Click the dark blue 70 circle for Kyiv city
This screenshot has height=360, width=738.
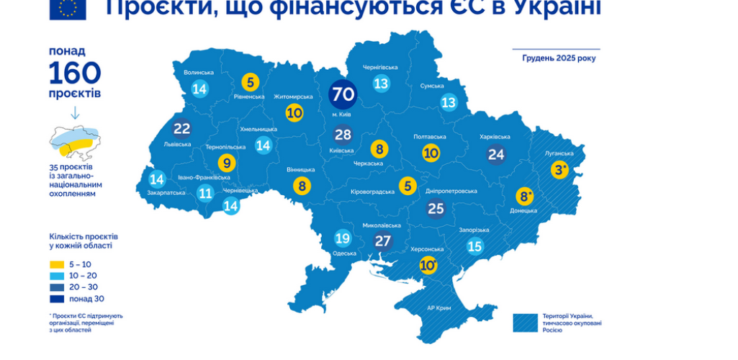[343, 94]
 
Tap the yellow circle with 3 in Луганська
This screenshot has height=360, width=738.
[560, 171]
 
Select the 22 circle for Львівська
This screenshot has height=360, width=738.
[181, 129]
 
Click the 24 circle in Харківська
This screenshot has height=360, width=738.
[496, 153]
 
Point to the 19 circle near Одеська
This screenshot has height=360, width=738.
[343, 238]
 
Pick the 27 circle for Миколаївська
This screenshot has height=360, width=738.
[382, 240]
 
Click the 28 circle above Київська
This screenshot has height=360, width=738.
[343, 134]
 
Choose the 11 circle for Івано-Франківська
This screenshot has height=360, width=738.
[206, 192]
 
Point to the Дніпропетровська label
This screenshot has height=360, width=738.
[451, 191]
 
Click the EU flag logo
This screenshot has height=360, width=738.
[68, 9]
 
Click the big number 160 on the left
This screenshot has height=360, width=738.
[75, 73]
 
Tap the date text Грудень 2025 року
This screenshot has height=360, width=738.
[559, 58]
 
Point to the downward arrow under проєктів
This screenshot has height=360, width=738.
[75, 113]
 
